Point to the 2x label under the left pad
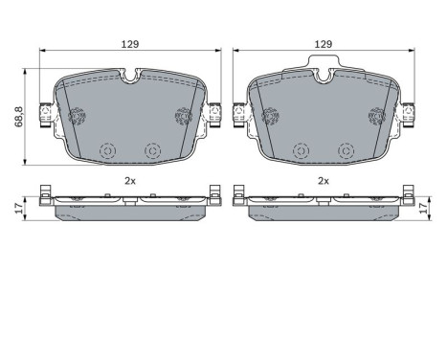click(130, 180)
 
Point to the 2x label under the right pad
click(324, 180)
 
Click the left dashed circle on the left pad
click(107, 150)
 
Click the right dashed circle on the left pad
click(151, 150)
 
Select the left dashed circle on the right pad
click(302, 150)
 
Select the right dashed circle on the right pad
click(346, 150)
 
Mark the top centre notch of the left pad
click(130, 74)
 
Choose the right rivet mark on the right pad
click(375, 116)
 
